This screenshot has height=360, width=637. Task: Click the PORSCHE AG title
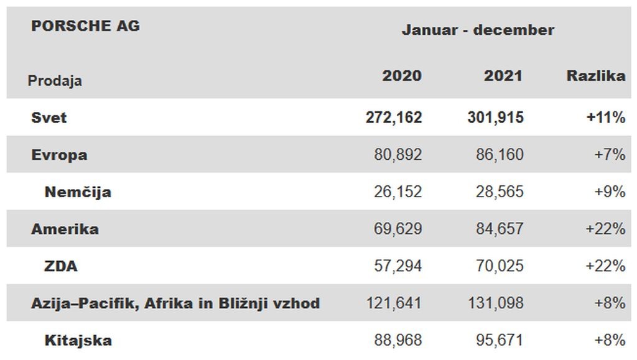pyautogui.click(x=85, y=26)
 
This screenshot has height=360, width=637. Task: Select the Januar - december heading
pyautogui.click(x=478, y=30)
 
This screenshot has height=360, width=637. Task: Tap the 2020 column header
pyautogui.click(x=401, y=76)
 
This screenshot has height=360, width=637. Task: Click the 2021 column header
pyautogui.click(x=503, y=76)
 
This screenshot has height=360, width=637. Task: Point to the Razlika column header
pyautogui.click(x=595, y=76)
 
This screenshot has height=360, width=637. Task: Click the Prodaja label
pyautogui.click(x=55, y=81)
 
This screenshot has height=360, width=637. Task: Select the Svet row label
pyautogui.click(x=49, y=118)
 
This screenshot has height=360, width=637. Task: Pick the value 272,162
pyautogui.click(x=394, y=118)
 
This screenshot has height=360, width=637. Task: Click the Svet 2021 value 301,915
pyautogui.click(x=495, y=118)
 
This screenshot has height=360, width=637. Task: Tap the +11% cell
pyautogui.click(x=605, y=118)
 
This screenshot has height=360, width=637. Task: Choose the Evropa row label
pyautogui.click(x=59, y=155)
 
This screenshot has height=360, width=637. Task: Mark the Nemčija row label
pyautogui.click(x=78, y=192)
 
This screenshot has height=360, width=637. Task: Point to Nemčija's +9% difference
pyautogui.click(x=610, y=192)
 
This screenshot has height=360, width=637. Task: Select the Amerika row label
pyautogui.click(x=65, y=229)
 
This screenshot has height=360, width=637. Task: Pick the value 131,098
pyautogui.click(x=495, y=303)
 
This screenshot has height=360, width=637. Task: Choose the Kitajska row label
pyautogui.click(x=78, y=341)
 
